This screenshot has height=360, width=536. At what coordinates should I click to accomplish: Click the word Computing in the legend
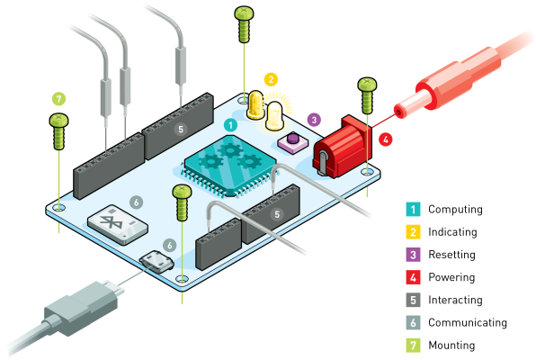pos(455,210)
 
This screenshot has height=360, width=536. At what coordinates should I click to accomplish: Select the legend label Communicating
pos(468,322)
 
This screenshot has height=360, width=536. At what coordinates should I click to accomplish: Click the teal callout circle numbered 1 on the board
pos(230,125)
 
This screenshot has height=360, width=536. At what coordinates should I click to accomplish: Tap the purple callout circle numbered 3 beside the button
pos(313,119)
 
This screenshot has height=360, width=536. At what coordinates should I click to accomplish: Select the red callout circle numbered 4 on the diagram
pos(386,139)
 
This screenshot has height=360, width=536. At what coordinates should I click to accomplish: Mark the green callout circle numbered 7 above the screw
pos(59,98)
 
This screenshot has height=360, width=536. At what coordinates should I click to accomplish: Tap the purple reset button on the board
pos(292,140)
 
